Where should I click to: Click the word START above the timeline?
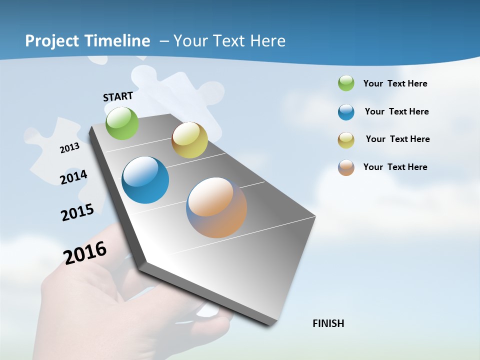coord(118,96)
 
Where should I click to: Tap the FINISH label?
coord(328,323)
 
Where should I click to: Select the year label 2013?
coord(70,148)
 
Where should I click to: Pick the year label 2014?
coord(73,177)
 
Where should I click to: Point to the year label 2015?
coord(77,212)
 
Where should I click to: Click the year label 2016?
coord(85,252)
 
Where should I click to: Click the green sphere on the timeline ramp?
coord(122,123)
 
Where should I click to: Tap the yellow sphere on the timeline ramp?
coord(189,140)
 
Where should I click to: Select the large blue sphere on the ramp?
coord(145,180)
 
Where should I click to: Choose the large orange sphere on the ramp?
coord(216,207)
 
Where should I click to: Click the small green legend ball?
coord(346,83)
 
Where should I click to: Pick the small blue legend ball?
coord(346,112)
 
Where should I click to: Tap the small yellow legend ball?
coord(346,140)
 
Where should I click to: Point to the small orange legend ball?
coord(346,167)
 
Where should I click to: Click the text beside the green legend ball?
coord(395,83)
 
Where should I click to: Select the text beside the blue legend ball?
coord(396,111)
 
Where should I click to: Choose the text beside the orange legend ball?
coord(395,167)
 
